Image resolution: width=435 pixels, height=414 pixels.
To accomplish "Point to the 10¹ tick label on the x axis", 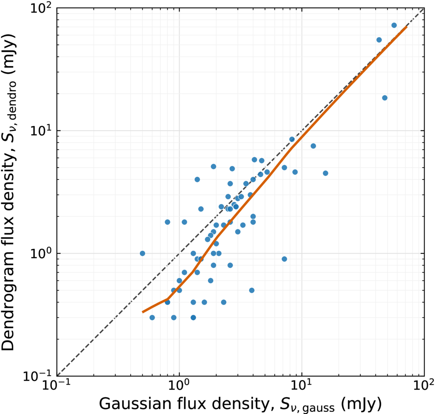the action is [x=301, y=385].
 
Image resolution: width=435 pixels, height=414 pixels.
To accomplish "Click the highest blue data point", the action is [x=394, y=25].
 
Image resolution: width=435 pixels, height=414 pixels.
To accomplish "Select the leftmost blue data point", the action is [x=142, y=253].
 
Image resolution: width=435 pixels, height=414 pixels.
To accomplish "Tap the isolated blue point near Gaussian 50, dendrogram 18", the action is [x=384, y=98].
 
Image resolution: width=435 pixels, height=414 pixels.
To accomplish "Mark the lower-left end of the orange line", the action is [x=142, y=312].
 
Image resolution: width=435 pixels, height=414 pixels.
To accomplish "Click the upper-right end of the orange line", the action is [x=407, y=27].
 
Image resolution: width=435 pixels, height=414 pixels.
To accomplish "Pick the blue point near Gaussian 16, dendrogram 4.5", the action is [x=325, y=173].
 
